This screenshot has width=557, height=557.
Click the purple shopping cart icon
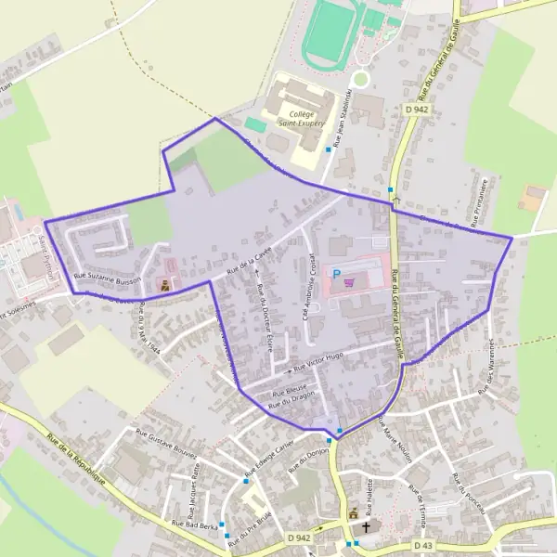[x=348, y=283]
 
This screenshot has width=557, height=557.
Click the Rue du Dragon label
[x=292, y=399]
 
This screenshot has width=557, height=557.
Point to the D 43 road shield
[x=422, y=545]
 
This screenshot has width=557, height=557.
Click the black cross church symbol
[x=366, y=526]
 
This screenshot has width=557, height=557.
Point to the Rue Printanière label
[x=482, y=201]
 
